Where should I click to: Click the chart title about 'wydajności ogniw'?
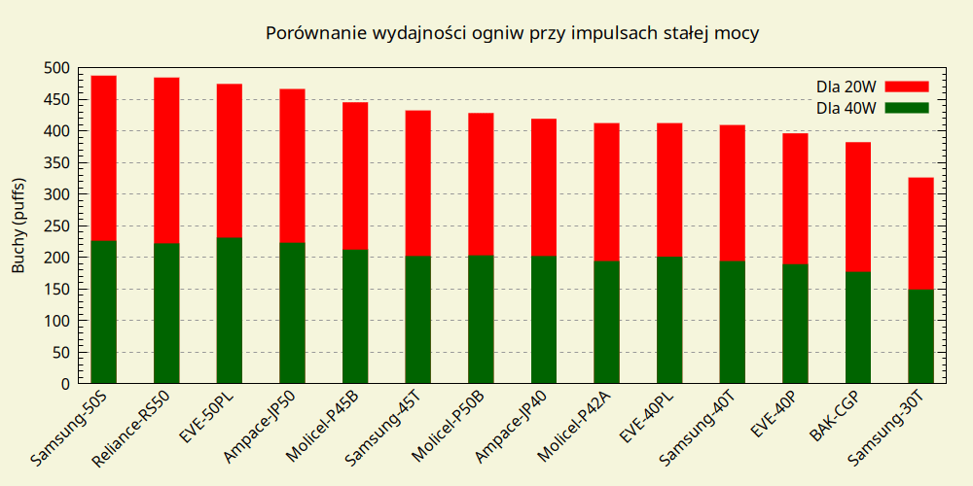click(512, 33)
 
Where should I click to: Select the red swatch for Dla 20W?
click(907, 87)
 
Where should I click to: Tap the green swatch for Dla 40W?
click(907, 107)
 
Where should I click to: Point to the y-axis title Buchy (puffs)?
click(18, 226)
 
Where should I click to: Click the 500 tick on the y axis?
click(56, 68)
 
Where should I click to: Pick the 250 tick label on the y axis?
click(56, 226)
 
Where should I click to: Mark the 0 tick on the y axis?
click(64, 383)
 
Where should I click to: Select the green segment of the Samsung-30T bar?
click(920, 335)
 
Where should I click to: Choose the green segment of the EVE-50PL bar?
click(229, 309)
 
